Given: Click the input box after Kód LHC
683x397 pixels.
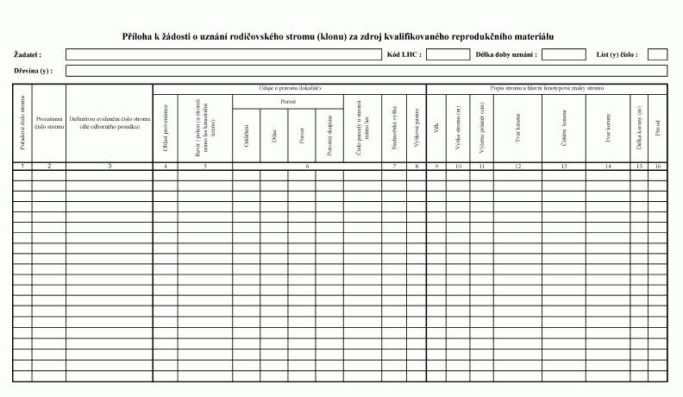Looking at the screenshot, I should point(448,54).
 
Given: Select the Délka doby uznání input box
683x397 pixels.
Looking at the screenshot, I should point(564,54).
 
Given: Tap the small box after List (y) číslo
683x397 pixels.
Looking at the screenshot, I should point(657,54).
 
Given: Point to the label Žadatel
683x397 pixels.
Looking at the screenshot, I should point(28,54).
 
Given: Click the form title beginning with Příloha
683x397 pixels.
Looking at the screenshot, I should point(338,36).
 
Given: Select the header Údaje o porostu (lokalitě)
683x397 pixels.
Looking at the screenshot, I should point(289,88).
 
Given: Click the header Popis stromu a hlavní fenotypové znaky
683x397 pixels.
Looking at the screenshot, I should point(547,88).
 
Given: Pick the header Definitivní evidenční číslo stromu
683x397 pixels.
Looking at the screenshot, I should point(110,123).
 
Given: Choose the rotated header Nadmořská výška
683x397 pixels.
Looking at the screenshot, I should point(393,127).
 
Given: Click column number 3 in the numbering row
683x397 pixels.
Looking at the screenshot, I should point(110,165).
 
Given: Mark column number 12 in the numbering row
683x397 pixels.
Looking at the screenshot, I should point(517,165).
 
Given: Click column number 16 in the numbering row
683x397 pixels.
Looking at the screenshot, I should point(657,165).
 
